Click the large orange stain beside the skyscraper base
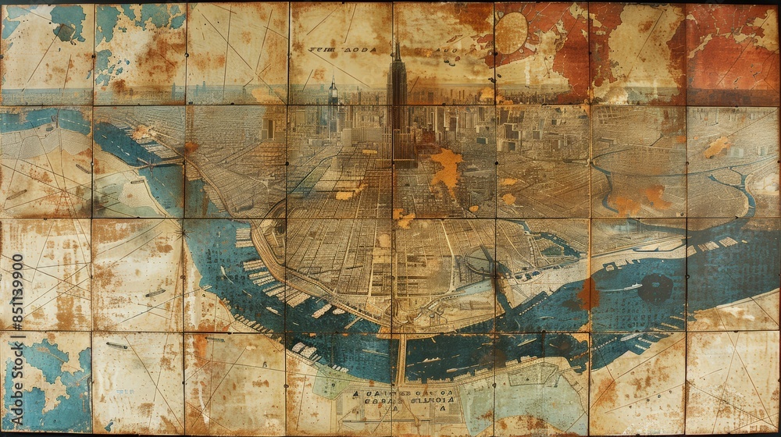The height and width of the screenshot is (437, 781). [x=448, y=168]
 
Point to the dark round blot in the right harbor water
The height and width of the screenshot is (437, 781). [x=654, y=289]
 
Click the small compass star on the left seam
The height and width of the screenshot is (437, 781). [x=184, y=232]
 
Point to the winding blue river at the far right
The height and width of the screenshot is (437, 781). [x=746, y=195]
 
